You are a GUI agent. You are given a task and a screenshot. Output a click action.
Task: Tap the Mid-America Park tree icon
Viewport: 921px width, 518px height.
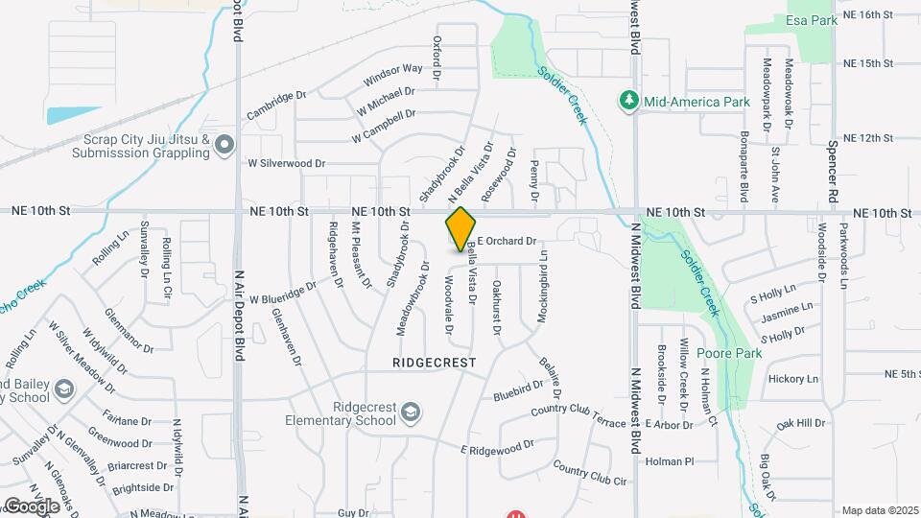click(628, 100)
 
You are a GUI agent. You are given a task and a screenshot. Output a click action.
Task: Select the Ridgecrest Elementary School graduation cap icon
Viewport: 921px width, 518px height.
click(411, 412)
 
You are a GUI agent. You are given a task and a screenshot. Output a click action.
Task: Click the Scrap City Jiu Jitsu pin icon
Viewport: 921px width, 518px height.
click(224, 145)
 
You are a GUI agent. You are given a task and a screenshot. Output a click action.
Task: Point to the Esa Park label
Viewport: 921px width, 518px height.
click(805, 20)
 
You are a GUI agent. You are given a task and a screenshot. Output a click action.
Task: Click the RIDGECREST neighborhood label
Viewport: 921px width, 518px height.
click(434, 363)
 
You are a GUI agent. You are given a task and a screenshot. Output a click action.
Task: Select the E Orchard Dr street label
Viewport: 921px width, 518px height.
click(505, 242)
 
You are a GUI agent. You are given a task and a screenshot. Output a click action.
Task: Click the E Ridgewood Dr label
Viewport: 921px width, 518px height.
click(497, 448)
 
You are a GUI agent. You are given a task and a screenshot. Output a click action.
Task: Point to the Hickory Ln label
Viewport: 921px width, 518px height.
click(793, 379)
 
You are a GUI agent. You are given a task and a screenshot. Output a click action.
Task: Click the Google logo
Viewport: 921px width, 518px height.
click(31, 506)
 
